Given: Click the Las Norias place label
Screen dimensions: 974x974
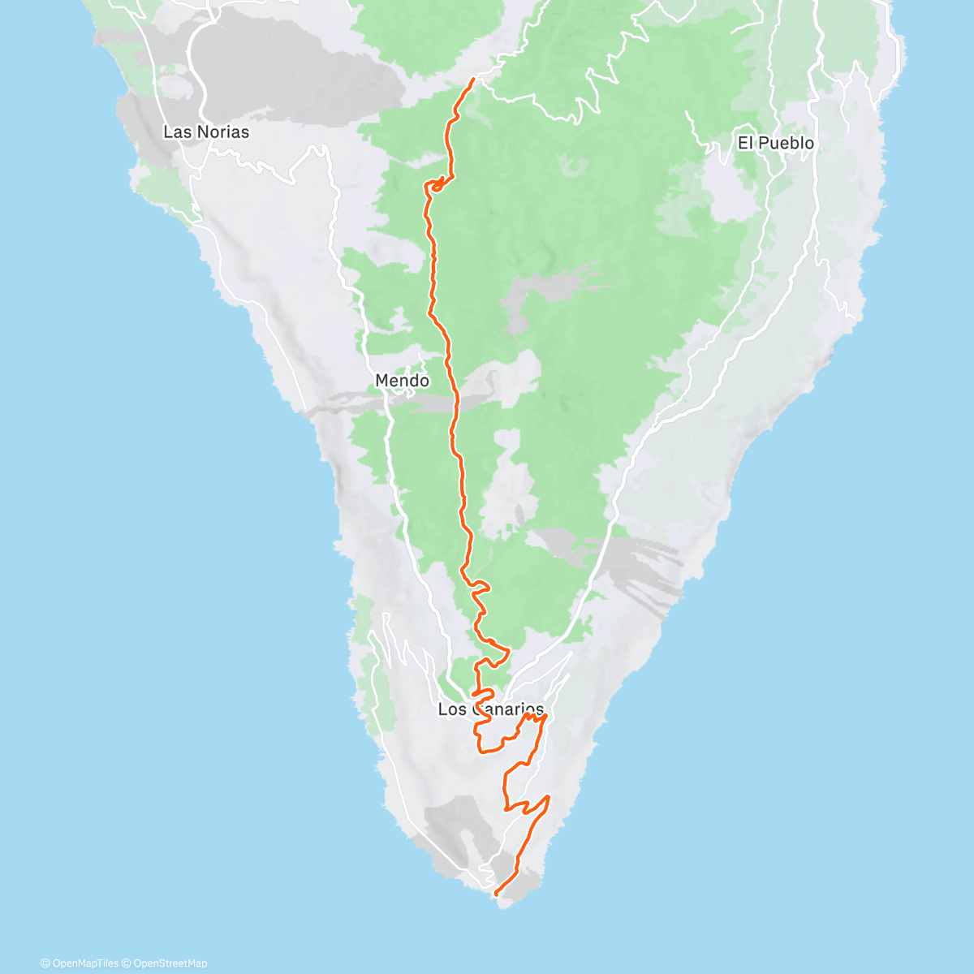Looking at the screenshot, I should tap(206, 131).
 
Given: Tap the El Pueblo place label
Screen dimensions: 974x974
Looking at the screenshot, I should tap(775, 143).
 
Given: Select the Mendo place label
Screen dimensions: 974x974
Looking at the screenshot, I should tap(402, 380).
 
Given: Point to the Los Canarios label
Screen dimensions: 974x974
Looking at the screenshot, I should tap(490, 709).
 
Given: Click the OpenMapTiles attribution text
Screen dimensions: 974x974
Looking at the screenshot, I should tap(85, 963).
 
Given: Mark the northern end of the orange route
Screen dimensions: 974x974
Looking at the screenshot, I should tap(473, 80).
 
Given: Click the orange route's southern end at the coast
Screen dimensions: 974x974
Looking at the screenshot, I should tap(496, 894).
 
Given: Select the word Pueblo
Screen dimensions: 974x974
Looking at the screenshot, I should tap(787, 143).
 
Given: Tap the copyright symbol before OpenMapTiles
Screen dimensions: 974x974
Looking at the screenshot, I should tap(45, 963).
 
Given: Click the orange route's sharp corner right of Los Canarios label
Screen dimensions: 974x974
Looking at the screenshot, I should tap(545, 716).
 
